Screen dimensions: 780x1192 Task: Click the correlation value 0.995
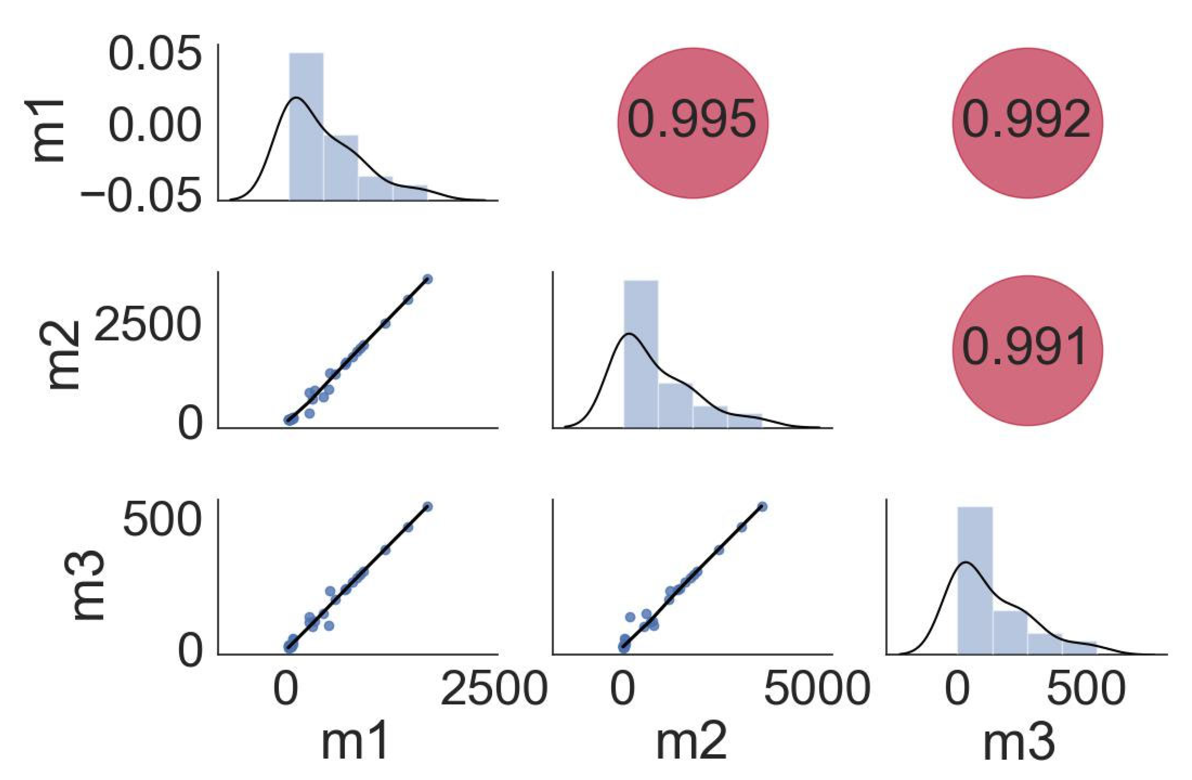tap(692, 122)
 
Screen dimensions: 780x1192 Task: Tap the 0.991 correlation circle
tap(1027, 350)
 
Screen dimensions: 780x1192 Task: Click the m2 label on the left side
tap(64, 355)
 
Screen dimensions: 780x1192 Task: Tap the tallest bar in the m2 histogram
tap(641, 353)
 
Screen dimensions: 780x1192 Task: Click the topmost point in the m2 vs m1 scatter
tap(427, 279)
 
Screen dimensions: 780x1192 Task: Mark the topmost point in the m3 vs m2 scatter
tap(762, 507)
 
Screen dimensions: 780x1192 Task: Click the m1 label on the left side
tap(49, 131)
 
